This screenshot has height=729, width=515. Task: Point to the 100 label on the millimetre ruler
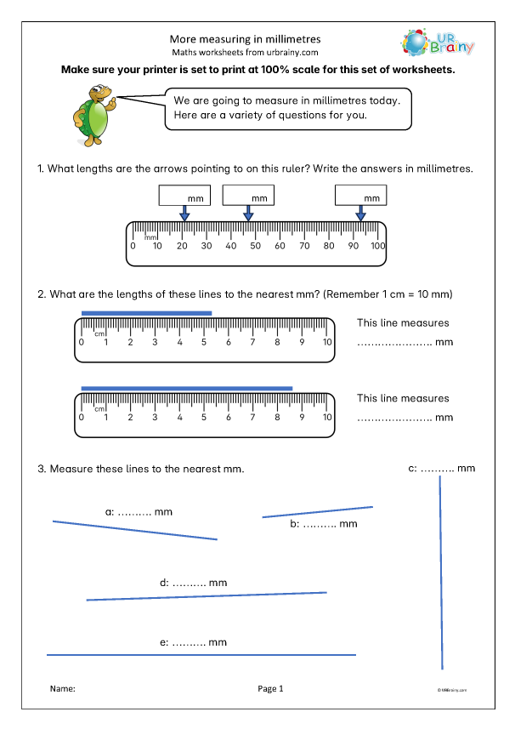377,246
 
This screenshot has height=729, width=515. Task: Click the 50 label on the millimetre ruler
255,246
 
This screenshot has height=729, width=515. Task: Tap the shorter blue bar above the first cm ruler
146,313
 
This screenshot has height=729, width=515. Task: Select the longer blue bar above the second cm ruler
187,389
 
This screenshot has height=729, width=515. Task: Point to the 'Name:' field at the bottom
63,688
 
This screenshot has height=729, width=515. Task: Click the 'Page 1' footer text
269,688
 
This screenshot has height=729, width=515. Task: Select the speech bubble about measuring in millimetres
286,107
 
